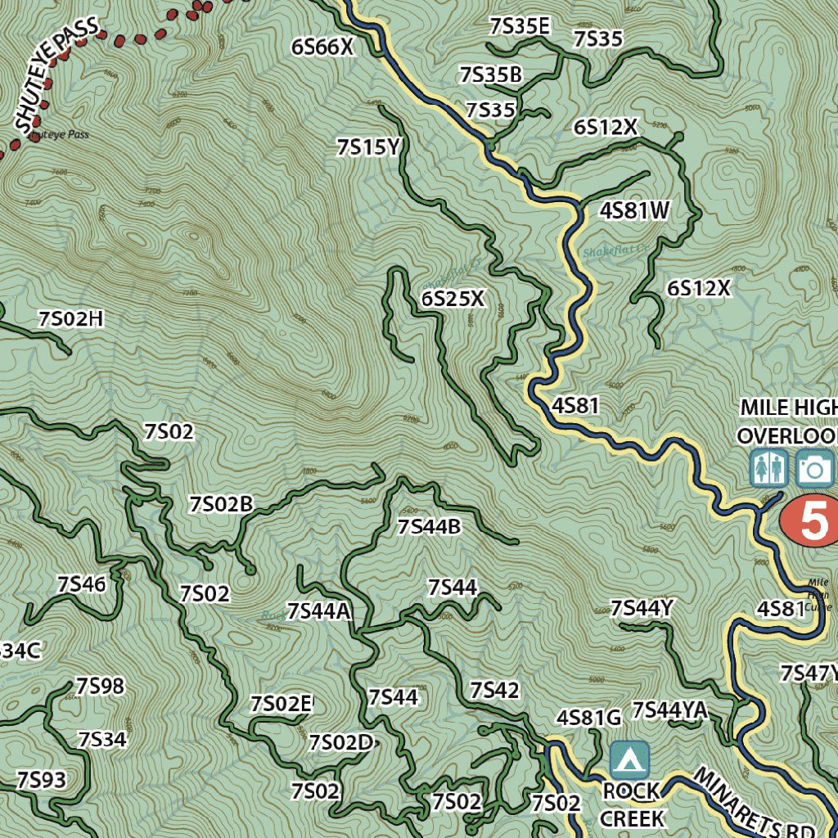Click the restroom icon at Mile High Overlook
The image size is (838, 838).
tap(769, 468)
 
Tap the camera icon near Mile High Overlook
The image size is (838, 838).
tap(813, 468)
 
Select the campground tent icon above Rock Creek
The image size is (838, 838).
tap(628, 760)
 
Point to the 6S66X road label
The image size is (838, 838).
tap(322, 47)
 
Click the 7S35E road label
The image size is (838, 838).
tap(519, 26)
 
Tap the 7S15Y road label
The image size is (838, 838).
tap(367, 147)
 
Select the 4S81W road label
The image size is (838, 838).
tap(635, 211)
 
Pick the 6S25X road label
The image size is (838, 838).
tap(453, 300)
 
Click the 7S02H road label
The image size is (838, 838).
tap(70, 319)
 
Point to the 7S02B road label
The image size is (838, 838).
tap(221, 504)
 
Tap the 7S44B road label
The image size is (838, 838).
tap(429, 526)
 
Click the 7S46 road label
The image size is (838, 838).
tap(81, 584)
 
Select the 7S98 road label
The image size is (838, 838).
tap(100, 686)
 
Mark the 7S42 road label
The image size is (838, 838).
tap(494, 690)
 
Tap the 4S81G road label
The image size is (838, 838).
tap(589, 718)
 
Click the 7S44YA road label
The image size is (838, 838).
tap(669, 710)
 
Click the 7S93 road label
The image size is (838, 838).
tap(41, 779)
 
